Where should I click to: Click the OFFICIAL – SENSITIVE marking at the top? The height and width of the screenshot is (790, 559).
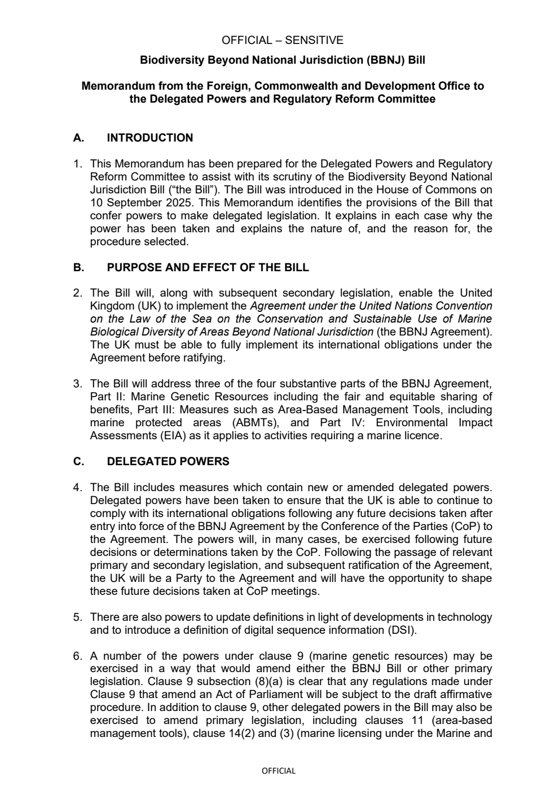(x=282, y=40)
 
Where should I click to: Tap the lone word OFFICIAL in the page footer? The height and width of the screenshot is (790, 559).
(x=279, y=771)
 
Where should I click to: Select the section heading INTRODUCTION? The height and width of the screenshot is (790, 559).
(x=149, y=138)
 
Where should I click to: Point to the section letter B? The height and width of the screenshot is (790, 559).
(x=78, y=267)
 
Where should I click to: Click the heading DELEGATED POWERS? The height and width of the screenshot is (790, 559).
(x=168, y=461)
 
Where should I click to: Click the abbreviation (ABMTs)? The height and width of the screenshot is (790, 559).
(x=258, y=422)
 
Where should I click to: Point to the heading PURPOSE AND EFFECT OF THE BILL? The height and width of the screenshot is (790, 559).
(x=208, y=267)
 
